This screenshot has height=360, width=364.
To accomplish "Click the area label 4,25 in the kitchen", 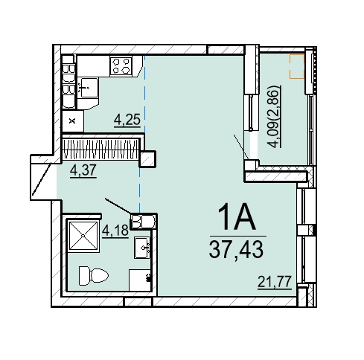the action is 127,120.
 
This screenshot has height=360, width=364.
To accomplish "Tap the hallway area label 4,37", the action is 83,170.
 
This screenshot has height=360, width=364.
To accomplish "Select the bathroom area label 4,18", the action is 115,231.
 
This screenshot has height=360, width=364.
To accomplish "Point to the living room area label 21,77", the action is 275,282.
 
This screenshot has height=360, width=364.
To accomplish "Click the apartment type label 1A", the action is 237,217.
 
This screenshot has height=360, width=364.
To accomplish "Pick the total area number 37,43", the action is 236,250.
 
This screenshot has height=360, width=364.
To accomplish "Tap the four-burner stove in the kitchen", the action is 121,65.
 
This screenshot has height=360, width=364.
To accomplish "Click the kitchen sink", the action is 88,88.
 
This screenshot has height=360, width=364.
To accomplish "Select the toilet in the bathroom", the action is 94,276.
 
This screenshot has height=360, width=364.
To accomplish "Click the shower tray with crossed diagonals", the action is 83,236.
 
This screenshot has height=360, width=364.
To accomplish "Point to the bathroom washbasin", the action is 142,248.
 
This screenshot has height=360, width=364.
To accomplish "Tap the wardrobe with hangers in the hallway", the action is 100,150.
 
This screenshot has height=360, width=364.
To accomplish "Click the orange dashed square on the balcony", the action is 297,66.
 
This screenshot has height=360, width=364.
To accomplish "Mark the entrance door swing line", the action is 42,179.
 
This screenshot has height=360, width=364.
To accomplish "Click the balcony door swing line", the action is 241,147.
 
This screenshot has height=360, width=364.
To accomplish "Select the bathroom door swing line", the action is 118,206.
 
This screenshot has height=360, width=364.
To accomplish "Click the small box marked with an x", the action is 72,121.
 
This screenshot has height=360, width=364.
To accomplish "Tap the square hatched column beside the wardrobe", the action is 147,158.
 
